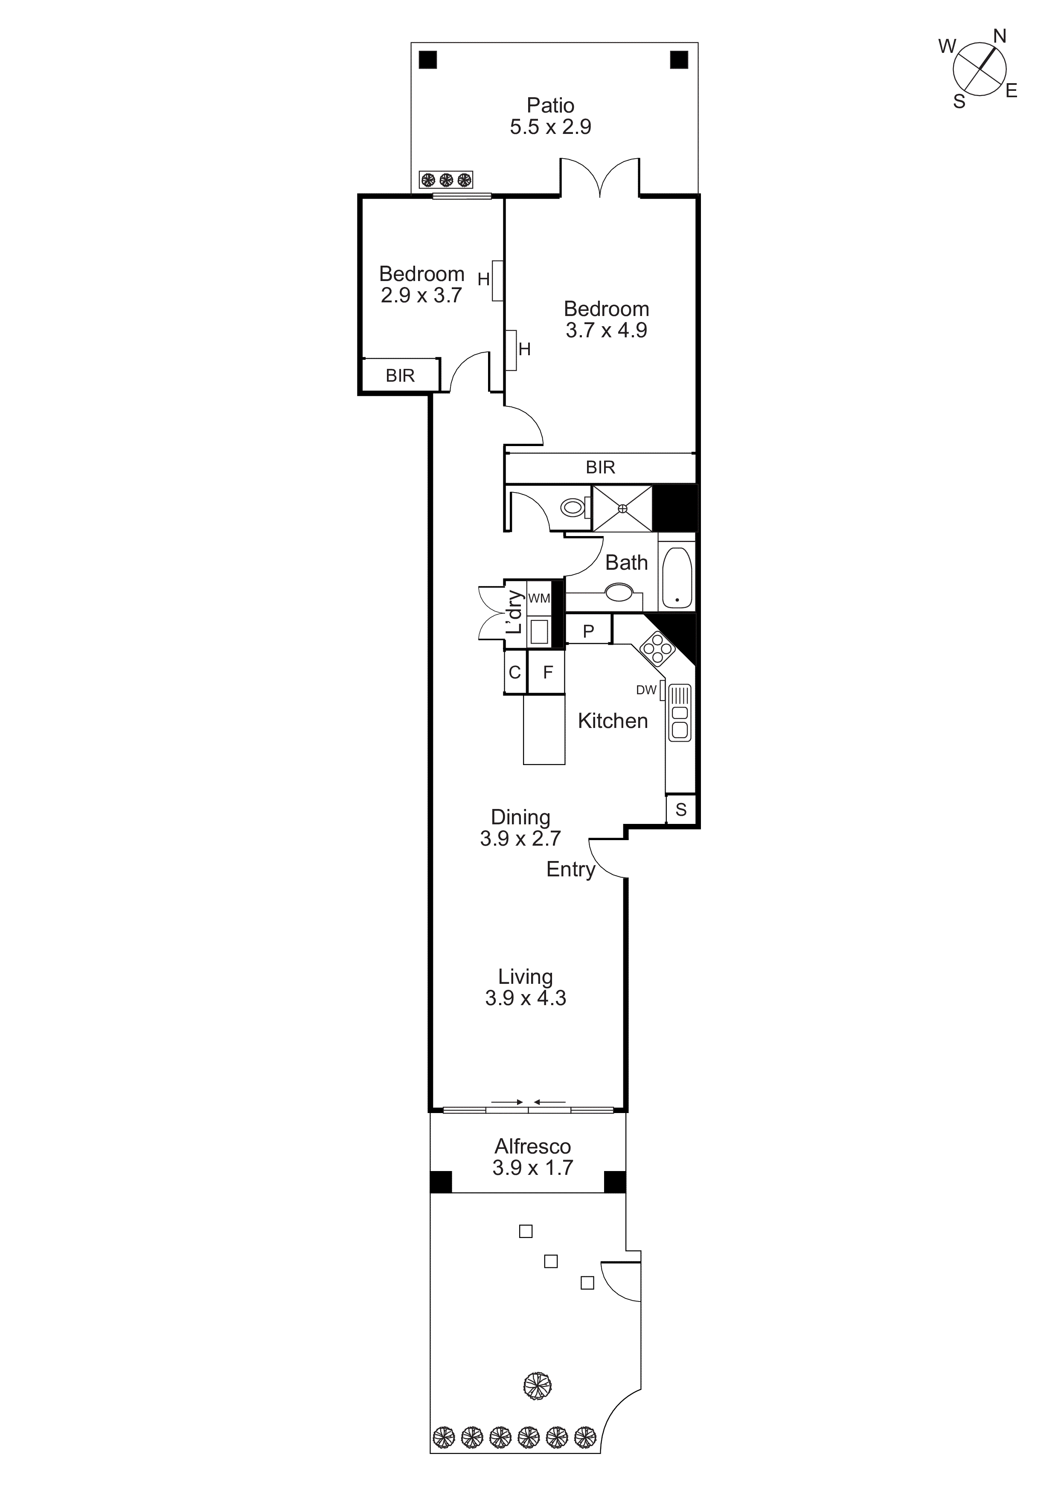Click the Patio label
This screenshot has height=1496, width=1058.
pos(550,106)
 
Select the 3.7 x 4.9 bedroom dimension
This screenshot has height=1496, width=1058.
pos(606,331)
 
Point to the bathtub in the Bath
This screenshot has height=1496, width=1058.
pos(676,577)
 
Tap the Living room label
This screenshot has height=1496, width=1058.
pos(526,977)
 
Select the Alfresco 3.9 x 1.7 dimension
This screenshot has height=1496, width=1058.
pos(532,1168)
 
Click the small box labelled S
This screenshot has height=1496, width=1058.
pos(680,809)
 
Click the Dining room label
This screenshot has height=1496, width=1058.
pos(520,817)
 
